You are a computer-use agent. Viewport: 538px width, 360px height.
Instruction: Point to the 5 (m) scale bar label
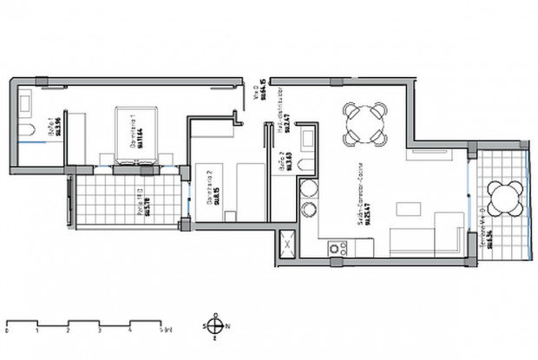pos(164,331)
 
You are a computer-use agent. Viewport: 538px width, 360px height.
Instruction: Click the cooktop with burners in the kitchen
pos(336,249)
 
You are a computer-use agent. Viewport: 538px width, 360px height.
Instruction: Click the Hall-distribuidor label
pos(281,108)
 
